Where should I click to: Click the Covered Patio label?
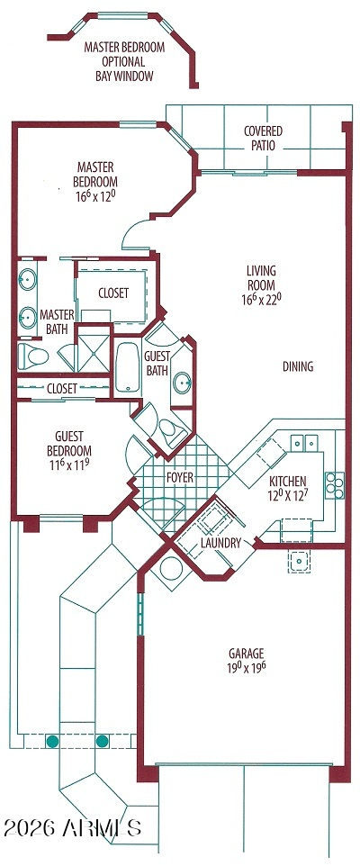[263, 139]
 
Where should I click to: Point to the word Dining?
[298, 366]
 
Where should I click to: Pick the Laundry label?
[220, 543]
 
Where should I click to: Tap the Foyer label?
[180, 477]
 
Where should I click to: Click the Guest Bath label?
[157, 364]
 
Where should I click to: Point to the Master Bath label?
[57, 322]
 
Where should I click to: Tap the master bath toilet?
[33, 356]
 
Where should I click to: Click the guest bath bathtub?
[128, 366]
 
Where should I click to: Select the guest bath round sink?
[182, 382]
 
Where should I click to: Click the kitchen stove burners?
[335, 486]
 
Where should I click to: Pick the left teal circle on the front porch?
[52, 741]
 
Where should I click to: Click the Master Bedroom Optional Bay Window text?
[124, 62]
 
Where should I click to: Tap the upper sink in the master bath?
[27, 281]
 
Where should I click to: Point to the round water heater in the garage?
[171, 569]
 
